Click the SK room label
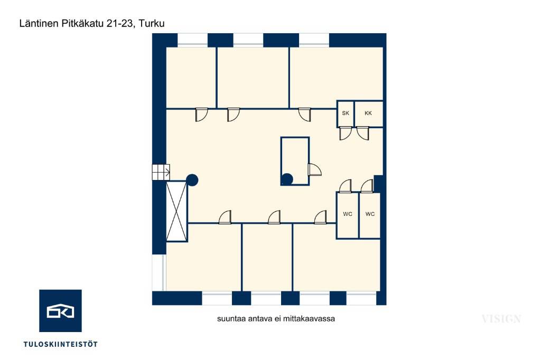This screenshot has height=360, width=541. pos(346,113)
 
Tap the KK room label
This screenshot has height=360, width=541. pos(368,113)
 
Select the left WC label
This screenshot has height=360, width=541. pos(348,214)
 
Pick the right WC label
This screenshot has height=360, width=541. pos(370,214)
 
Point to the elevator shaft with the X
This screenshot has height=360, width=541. pos(176,211)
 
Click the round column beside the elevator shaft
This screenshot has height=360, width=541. pos(192,180)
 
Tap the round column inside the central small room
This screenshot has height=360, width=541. pos(287,179)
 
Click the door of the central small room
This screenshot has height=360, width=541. pos(315,169)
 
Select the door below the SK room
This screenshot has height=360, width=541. pos(346,133)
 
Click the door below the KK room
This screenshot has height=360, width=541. pos(362,133)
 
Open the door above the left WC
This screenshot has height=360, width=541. pos(346,186)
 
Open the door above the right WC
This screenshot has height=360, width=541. pos(367,186)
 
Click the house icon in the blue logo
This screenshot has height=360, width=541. pos(60,311)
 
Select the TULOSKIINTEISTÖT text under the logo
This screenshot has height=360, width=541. pos(60,344)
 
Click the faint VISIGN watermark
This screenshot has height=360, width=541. pos(501,319)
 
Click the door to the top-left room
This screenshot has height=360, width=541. pos(202,115)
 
